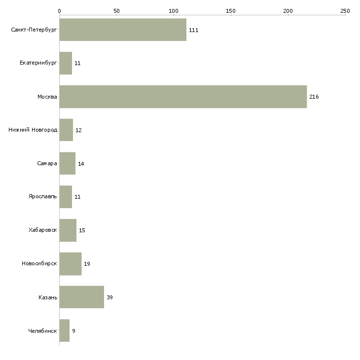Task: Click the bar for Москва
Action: pyautogui.click(x=182, y=97)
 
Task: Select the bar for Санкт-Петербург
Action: pyautogui.click(x=123, y=30)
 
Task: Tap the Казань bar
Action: pyautogui.click(x=81, y=297)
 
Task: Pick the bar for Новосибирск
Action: pyautogui.click(x=70, y=263)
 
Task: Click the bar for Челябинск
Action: pyautogui.click(x=64, y=330)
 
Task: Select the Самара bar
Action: pyautogui.click(x=67, y=163)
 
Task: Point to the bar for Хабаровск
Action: pyautogui.click(x=68, y=230)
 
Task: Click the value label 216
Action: pyautogui.click(x=314, y=97)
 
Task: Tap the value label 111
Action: pyautogui.click(x=193, y=30)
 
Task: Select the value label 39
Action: pyautogui.click(x=109, y=297)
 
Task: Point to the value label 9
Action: pyautogui.click(x=73, y=331)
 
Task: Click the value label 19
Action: pyautogui.click(x=87, y=264)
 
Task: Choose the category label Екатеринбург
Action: pyautogui.click(x=38, y=63)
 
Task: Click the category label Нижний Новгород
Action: pyautogui.click(x=33, y=130)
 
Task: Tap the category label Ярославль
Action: pyautogui.click(x=43, y=197)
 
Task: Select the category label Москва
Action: pyautogui.click(x=47, y=97)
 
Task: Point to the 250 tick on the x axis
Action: pyautogui.click(x=345, y=10)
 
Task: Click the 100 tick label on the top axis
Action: pyautogui.click(x=174, y=10)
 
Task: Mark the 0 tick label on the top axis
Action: pyautogui.click(x=59, y=10)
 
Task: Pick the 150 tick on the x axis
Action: pyautogui.click(x=231, y=10)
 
